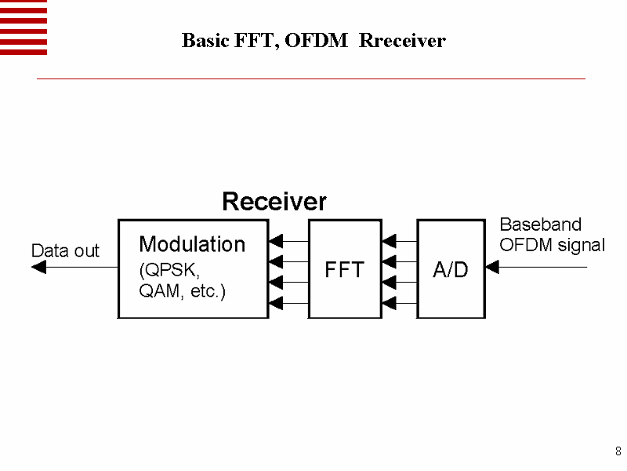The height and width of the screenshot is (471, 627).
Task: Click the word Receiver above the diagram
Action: pyautogui.click(x=274, y=202)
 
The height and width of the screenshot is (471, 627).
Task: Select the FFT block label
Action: pyautogui.click(x=345, y=270)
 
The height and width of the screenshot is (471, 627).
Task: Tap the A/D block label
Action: pyautogui.click(x=451, y=270)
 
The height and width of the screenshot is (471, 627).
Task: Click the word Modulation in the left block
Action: pyautogui.click(x=192, y=244)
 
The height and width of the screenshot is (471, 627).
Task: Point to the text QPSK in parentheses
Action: pyautogui.click(x=170, y=270)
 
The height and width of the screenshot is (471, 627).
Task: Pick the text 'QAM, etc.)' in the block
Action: pyautogui.click(x=183, y=292)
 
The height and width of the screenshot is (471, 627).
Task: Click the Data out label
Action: pyautogui.click(x=65, y=251)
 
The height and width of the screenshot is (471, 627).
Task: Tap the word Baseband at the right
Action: pyautogui.click(x=541, y=225)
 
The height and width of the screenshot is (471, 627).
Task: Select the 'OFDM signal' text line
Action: pyautogui.click(x=553, y=245)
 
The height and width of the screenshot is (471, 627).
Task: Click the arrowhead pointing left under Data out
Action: pyautogui.click(x=38, y=267)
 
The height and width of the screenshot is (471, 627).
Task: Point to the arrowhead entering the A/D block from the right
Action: pyautogui.click(x=492, y=267)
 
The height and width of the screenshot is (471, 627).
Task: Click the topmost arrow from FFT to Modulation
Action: pyautogui.click(x=288, y=240)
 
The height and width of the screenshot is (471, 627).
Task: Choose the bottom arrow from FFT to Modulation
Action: pyautogui.click(x=288, y=302)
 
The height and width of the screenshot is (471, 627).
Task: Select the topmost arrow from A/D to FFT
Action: pyautogui.click(x=400, y=240)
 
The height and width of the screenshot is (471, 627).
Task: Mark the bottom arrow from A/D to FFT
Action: pyautogui.click(x=400, y=302)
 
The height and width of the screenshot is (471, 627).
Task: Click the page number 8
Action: pyautogui.click(x=618, y=451)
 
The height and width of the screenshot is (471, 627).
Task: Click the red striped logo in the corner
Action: pyautogui.click(x=24, y=27)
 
